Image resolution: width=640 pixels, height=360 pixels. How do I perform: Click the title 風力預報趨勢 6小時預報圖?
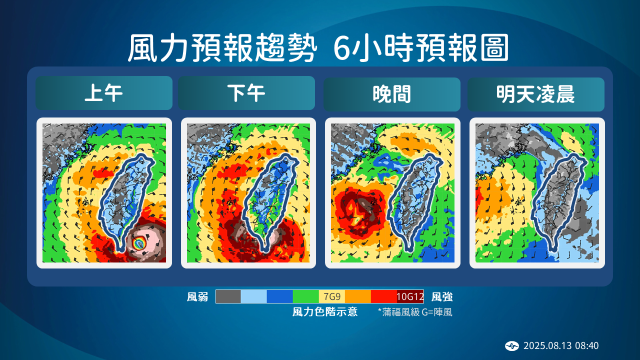[x=318, y=48]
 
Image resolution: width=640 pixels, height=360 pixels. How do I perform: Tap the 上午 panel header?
[x=104, y=93]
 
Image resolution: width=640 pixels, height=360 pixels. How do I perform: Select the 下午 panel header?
[x=246, y=93]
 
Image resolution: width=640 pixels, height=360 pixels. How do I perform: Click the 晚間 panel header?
[x=391, y=94]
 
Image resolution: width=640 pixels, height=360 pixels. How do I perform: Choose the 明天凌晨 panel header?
[x=535, y=94]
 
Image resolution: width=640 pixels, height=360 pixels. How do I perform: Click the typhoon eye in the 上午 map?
[x=139, y=243]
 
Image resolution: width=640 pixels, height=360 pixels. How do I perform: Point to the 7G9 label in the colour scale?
[x=332, y=296]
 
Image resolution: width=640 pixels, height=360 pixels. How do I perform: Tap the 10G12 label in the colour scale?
[x=410, y=296]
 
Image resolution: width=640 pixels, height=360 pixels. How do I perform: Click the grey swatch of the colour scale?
[x=228, y=296]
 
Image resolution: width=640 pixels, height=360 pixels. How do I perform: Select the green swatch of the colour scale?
[x=306, y=296]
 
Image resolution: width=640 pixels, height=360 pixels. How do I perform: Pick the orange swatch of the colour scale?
[x=358, y=296]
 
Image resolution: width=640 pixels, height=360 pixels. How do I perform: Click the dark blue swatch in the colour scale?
[x=280, y=296]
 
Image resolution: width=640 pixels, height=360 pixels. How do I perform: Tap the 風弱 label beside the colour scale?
[x=197, y=297]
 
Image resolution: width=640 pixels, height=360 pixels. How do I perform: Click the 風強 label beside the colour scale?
[x=442, y=297]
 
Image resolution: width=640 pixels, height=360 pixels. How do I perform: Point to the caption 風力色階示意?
[x=324, y=312]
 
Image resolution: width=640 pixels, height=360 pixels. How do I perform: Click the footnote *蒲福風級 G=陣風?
[x=415, y=312]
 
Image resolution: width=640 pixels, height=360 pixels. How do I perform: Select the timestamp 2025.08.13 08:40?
[x=561, y=346]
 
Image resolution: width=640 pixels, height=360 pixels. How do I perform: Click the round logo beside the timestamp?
[x=512, y=346]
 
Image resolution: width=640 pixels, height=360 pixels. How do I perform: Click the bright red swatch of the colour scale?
[x=384, y=296]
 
